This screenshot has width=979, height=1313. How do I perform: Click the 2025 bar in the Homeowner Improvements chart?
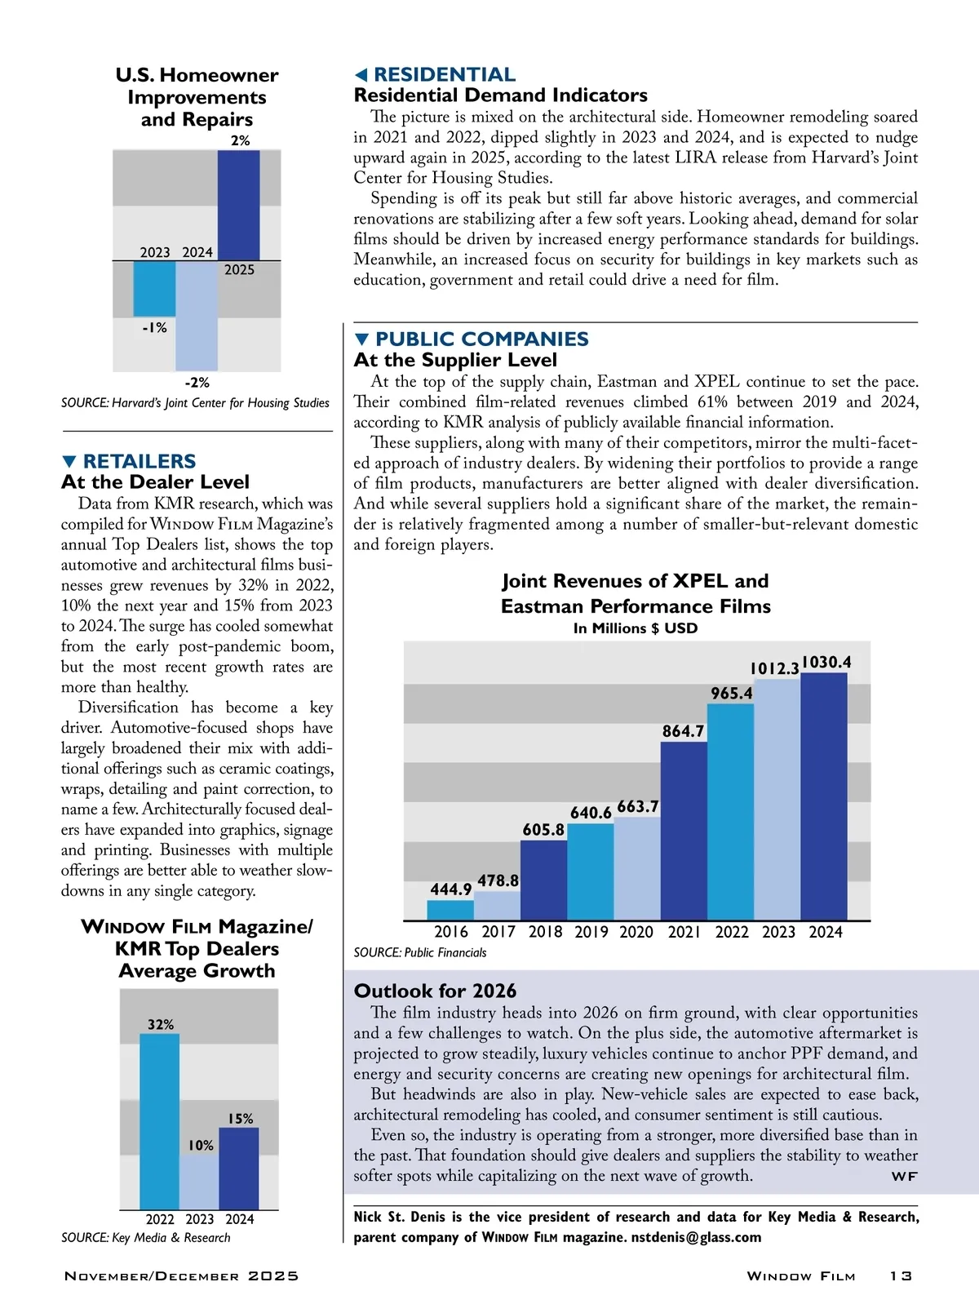(238, 206)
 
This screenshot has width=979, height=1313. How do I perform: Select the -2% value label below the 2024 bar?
(197, 382)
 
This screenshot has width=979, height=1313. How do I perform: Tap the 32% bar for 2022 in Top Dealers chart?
(159, 1122)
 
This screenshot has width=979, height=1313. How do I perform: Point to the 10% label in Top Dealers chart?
(201, 1146)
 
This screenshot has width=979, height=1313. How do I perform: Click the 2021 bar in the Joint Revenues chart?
(683, 831)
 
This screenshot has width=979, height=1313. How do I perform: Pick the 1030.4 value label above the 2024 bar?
(826, 662)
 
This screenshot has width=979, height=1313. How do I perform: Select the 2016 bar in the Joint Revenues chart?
(450, 910)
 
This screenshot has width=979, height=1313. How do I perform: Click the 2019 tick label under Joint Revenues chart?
(591, 932)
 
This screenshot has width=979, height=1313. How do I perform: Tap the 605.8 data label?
(543, 830)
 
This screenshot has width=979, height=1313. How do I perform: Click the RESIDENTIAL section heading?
(445, 75)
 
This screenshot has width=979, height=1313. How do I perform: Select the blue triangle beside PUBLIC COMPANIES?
(363, 339)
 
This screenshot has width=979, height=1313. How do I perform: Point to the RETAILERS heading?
(140, 461)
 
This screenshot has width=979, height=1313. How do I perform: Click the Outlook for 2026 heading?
(435, 991)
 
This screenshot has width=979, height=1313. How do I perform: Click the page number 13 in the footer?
(901, 1276)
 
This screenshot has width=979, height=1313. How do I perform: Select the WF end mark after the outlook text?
(904, 1177)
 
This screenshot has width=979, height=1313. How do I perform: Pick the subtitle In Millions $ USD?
(636, 628)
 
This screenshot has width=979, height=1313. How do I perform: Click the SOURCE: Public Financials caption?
(419, 952)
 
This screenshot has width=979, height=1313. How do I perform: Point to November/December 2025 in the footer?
(181, 1276)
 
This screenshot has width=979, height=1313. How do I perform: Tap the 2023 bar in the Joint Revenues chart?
(777, 800)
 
